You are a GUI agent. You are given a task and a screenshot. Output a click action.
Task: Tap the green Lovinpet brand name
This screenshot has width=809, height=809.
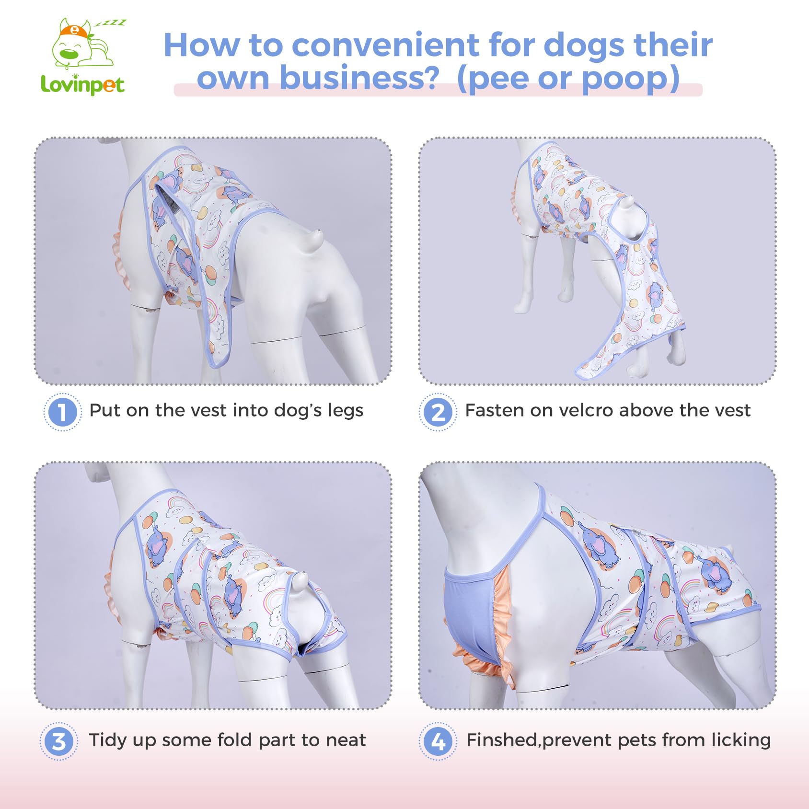(x=82, y=85)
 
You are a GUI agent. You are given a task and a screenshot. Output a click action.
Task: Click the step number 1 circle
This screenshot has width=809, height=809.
(x=62, y=412)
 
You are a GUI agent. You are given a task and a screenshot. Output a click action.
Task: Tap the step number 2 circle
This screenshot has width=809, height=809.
(x=438, y=412)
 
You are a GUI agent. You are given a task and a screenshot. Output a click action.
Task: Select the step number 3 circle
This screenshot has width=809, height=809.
(x=59, y=741)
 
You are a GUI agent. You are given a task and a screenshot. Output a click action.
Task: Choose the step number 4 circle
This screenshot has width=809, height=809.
(x=438, y=741)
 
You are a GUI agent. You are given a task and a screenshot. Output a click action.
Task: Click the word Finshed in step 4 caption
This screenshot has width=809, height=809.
(x=502, y=740)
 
